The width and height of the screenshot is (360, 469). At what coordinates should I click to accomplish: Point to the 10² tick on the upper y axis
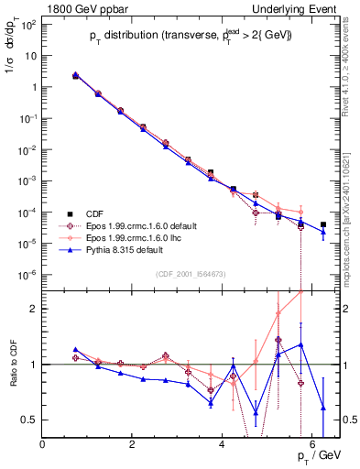point(30,25)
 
